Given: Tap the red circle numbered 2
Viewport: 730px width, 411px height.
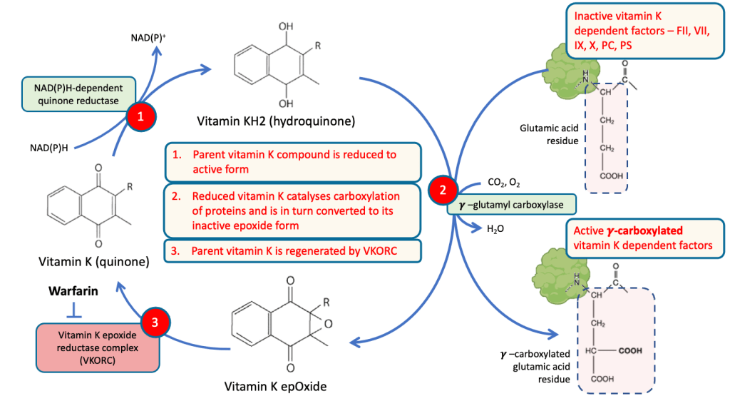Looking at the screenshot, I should (x=443, y=191).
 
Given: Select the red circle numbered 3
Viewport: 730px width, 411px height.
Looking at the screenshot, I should (x=155, y=323).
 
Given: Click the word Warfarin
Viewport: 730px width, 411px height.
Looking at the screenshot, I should (x=73, y=292).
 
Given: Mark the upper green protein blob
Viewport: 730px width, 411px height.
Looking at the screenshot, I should (x=568, y=70).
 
